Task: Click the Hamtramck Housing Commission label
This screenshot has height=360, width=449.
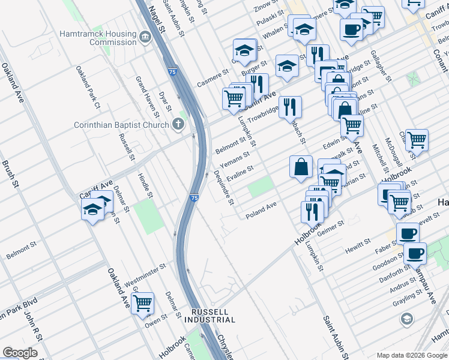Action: [x=98, y=38]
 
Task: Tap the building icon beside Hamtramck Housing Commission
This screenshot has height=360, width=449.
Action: [x=145, y=38]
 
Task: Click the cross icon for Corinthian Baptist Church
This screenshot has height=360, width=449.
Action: [x=177, y=125]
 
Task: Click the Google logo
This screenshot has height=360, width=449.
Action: [x=20, y=353]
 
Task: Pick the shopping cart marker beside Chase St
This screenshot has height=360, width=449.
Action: [x=417, y=140]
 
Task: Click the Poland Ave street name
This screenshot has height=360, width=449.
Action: [x=261, y=210]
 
